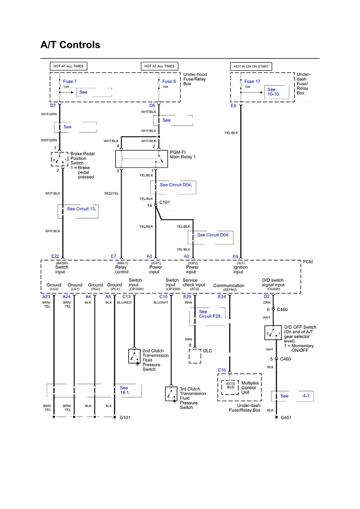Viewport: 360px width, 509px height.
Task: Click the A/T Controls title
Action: pyautogui.click(x=71, y=45)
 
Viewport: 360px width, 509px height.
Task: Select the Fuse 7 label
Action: pyautogui.click(x=70, y=81)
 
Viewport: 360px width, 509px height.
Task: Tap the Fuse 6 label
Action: pyautogui.click(x=169, y=81)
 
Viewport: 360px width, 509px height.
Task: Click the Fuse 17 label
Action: pyautogui.click(x=252, y=81)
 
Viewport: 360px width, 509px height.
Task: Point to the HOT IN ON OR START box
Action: pyautogui.click(x=251, y=66)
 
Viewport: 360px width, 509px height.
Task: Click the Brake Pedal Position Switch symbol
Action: pyautogui.click(x=60, y=159)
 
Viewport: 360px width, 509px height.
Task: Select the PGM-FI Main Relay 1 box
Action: pyautogui.click(x=141, y=159)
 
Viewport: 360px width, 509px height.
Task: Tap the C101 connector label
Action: pyautogui.click(x=165, y=203)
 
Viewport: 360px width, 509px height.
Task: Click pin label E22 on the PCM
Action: pyautogui.click(x=55, y=256)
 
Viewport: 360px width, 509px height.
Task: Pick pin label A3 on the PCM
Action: pyautogui.click(x=149, y=256)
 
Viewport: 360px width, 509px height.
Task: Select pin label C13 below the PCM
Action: pyautogui.click(x=127, y=297)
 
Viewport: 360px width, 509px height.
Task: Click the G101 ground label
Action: pyautogui.click(x=125, y=418)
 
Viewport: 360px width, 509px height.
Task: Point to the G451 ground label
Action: pyautogui.click(x=286, y=418)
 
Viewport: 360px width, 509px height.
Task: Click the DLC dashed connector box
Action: pyautogui.click(x=195, y=356)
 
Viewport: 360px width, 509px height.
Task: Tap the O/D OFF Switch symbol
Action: pyautogui.click(x=273, y=333)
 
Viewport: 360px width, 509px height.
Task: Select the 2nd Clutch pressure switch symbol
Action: pyautogui.click(x=134, y=356)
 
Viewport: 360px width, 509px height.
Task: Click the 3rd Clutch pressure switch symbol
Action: pyautogui.click(x=171, y=394)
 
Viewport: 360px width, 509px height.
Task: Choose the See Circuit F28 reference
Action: pyautogui.click(x=210, y=314)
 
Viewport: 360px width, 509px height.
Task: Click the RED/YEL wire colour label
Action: pyautogui.click(x=112, y=193)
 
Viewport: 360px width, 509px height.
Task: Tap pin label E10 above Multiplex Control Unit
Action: pyautogui.click(x=222, y=370)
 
